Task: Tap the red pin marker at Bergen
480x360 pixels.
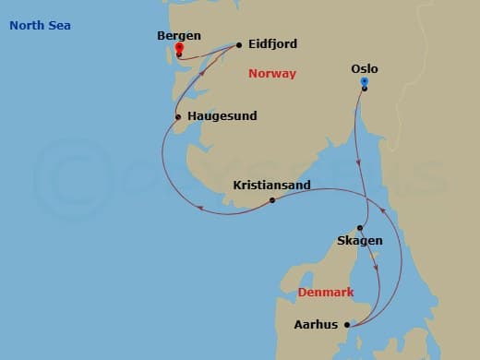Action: pos(178,49)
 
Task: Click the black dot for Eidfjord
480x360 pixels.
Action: pos(239,44)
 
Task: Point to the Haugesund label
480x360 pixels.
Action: pos(222,116)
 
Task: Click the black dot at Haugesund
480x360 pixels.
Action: pos(178,117)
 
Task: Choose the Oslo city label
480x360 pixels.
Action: pos(365,68)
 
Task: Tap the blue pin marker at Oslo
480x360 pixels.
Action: pos(365,82)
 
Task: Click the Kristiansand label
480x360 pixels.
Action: pos(271,185)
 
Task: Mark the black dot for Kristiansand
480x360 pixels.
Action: pos(271,200)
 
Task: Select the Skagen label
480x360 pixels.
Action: pos(360,240)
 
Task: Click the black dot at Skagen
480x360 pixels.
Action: pos(361,227)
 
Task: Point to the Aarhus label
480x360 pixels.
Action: pos(316,325)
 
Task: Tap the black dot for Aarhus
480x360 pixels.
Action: pos(347,325)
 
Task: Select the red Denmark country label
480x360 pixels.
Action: pos(327,293)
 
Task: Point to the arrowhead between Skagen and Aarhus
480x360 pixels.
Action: pos(377,268)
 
